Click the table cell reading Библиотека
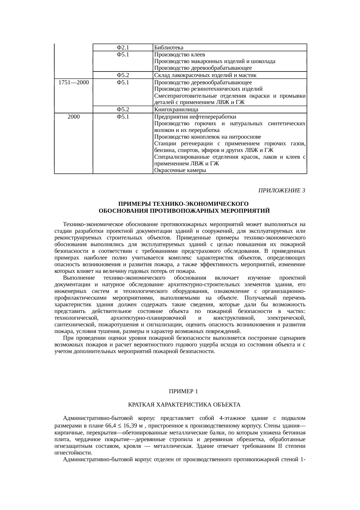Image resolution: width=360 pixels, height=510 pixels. tap(169, 48)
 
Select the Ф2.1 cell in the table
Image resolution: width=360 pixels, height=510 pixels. tap(123, 48)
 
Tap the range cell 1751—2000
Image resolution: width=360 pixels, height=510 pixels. tap(73, 83)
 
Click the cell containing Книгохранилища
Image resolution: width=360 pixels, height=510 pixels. tap(176, 110)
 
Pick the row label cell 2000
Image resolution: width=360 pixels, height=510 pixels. tap(73, 117)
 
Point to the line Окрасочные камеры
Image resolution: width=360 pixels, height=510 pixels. tap(180, 171)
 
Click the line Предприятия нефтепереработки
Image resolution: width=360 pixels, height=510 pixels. tap(195, 117)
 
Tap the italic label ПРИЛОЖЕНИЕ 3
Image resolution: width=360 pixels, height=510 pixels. tap(281, 191)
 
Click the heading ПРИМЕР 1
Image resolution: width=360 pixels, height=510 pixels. tap(183, 391)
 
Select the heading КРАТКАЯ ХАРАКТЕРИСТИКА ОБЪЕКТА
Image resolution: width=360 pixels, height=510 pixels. tap(184, 405)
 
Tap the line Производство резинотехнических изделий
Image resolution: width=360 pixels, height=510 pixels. tap(208, 89)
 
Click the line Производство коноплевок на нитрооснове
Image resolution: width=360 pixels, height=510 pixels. tap(207, 137)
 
